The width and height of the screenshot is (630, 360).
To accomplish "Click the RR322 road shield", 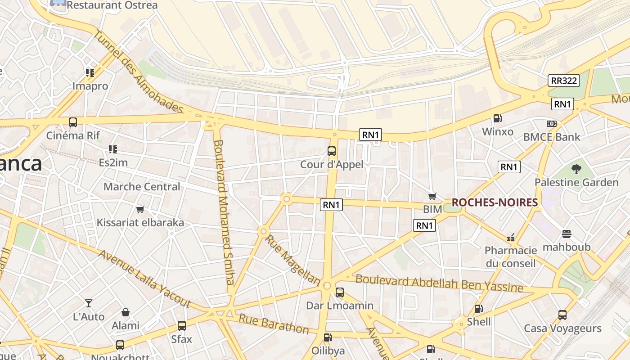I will [564, 81].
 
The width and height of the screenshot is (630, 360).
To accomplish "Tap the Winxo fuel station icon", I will [497, 118].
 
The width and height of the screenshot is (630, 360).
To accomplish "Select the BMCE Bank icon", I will [552, 123].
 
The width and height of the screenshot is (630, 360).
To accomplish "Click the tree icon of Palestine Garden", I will [576, 169].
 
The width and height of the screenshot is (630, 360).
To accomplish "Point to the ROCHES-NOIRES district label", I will [495, 202].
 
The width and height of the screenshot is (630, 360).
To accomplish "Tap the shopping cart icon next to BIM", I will [432, 196].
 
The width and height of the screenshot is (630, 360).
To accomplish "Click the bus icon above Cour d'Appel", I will [332, 151].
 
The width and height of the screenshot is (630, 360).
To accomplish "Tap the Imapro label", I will [90, 86].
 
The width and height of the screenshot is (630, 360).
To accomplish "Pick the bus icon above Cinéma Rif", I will [72, 122].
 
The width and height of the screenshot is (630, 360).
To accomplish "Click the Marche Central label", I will [142, 186].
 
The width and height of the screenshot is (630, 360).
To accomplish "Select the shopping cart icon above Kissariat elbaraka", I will [140, 209].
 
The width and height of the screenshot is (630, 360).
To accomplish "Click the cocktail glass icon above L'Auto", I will [89, 303].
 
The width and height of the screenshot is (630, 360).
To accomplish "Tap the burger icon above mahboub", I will [566, 234].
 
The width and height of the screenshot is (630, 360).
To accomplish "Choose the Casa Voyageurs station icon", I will [562, 315].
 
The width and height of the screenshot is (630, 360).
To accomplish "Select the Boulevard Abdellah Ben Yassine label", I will [439, 283].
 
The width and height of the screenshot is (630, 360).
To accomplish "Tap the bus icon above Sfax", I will [181, 325].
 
